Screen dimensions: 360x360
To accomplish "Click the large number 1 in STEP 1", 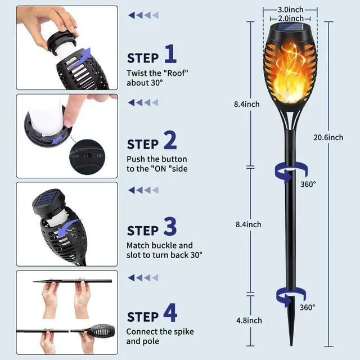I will click(170, 55).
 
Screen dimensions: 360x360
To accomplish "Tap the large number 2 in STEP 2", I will click(170, 141).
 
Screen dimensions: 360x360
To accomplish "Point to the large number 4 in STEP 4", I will click(170, 312).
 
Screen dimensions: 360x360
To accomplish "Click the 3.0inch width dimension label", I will click(291, 10).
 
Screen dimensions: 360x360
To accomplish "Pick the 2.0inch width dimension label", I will click(291, 18).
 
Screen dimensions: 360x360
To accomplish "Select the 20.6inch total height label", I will click(328, 137).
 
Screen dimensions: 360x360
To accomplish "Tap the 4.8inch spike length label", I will click(248, 320).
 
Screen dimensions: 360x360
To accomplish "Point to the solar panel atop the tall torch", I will click(291, 28).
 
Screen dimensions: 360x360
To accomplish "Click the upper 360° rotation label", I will click(308, 184).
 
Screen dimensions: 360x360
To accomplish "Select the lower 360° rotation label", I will click(308, 308).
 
